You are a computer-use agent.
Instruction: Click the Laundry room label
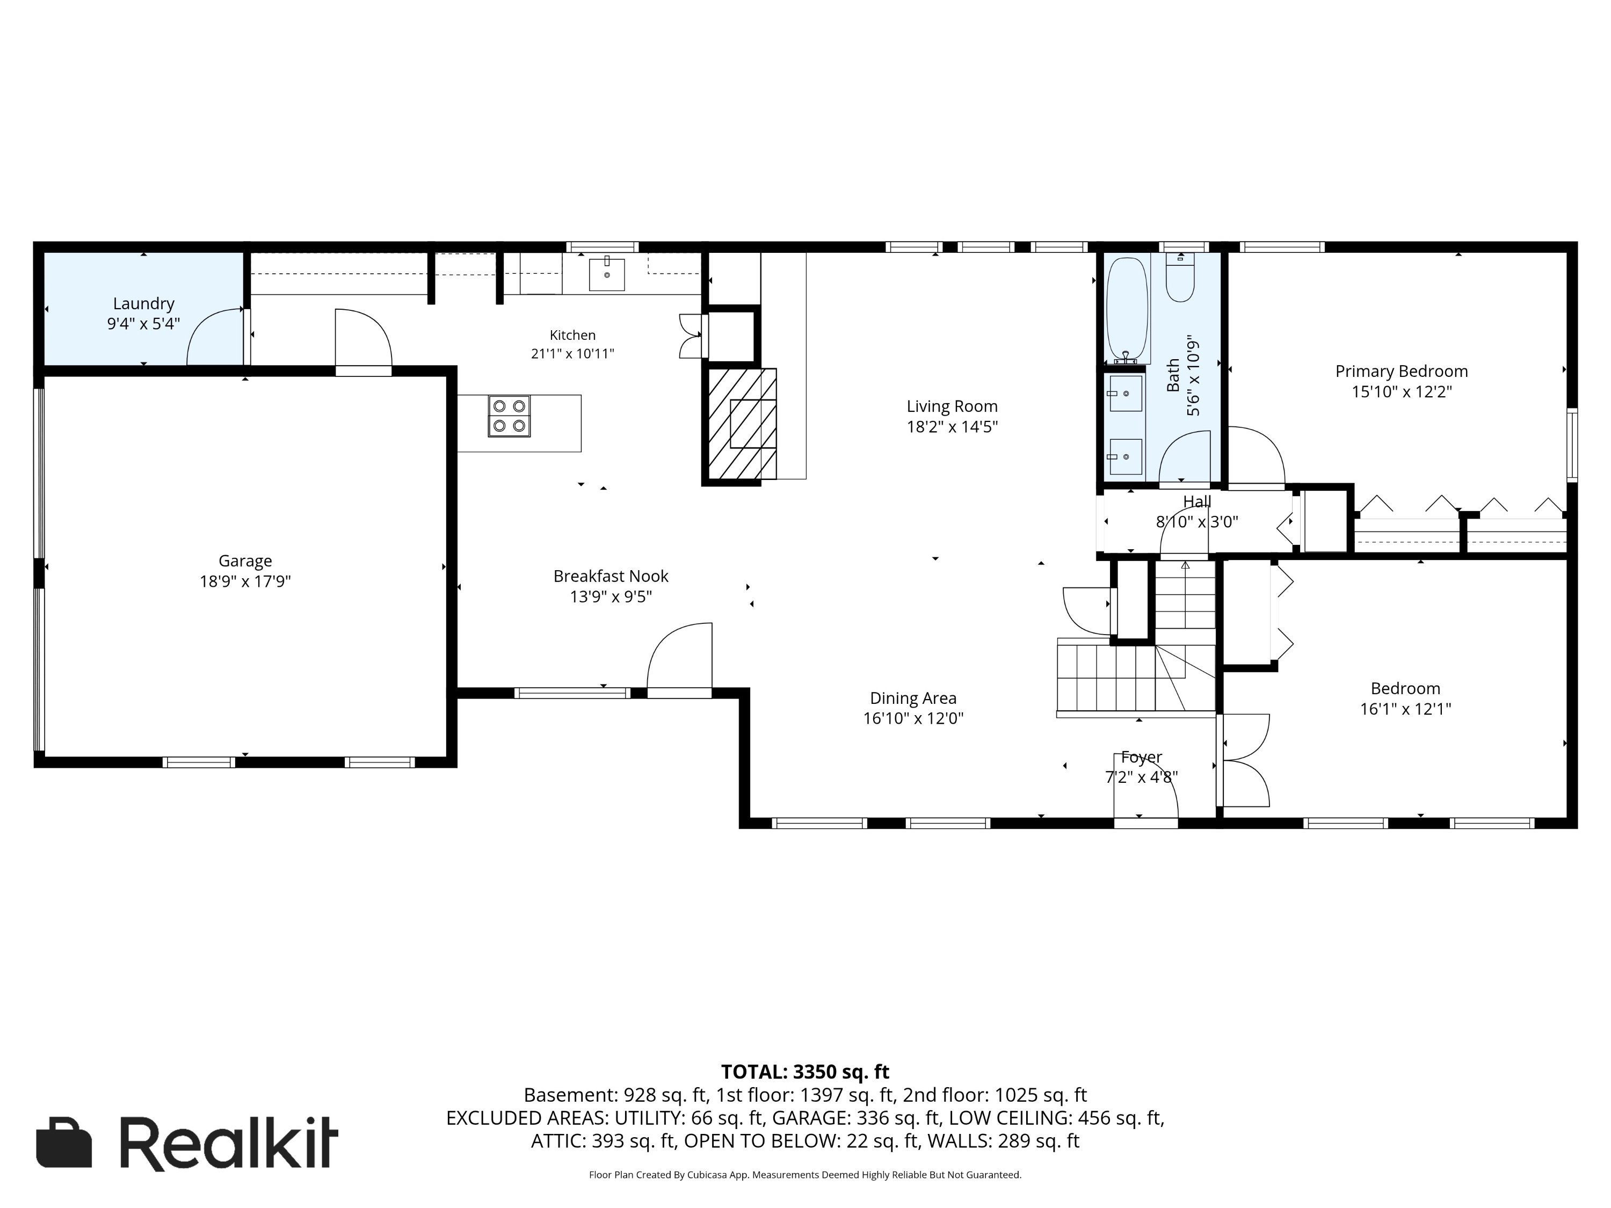pyautogui.click(x=143, y=304)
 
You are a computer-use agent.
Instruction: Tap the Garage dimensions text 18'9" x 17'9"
pyautogui.click(x=245, y=581)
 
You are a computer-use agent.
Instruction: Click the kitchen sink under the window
pyautogui.click(x=607, y=274)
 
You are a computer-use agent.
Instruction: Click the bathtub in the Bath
pyautogui.click(x=1127, y=310)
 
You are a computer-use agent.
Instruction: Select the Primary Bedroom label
pyautogui.click(x=1401, y=372)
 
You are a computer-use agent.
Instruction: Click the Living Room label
pyautogui.click(x=952, y=406)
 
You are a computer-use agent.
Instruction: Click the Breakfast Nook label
pyautogui.click(x=611, y=576)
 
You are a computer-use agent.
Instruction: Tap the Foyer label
pyautogui.click(x=1141, y=757)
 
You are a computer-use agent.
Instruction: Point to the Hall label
pyautogui.click(x=1196, y=501)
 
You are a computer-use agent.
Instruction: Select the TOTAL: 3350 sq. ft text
pyautogui.click(x=805, y=1072)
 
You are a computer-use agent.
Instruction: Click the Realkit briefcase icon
pyautogui.click(x=64, y=1142)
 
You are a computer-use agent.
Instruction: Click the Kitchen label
pyautogui.click(x=572, y=335)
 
